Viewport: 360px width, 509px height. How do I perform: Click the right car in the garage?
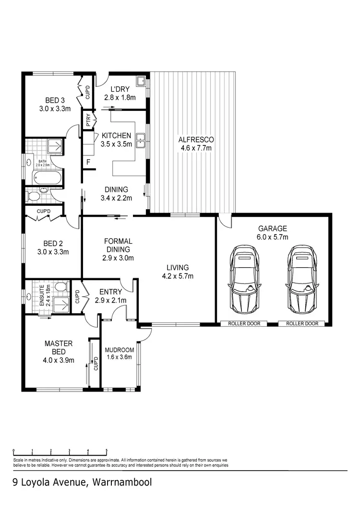pos(302,279)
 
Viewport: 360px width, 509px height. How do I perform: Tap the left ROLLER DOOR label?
pos(244,324)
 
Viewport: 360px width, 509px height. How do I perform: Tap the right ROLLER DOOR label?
pos(302,324)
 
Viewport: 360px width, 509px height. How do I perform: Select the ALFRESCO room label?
pos(196,140)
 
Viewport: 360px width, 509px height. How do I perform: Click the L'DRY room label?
pos(120,89)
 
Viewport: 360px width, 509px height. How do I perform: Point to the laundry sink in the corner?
pos(141,82)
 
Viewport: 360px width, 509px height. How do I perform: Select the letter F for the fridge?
pos(88,162)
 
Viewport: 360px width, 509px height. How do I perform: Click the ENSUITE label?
pos(42,296)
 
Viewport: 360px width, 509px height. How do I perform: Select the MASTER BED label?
pos(59,348)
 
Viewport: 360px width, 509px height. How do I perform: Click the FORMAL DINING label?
pos(118,245)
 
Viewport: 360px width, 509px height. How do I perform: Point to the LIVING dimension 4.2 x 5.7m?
pos(178,276)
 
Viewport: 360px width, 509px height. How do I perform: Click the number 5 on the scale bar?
pos(107,450)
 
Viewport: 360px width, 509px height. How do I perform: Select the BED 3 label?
pos(55,100)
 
